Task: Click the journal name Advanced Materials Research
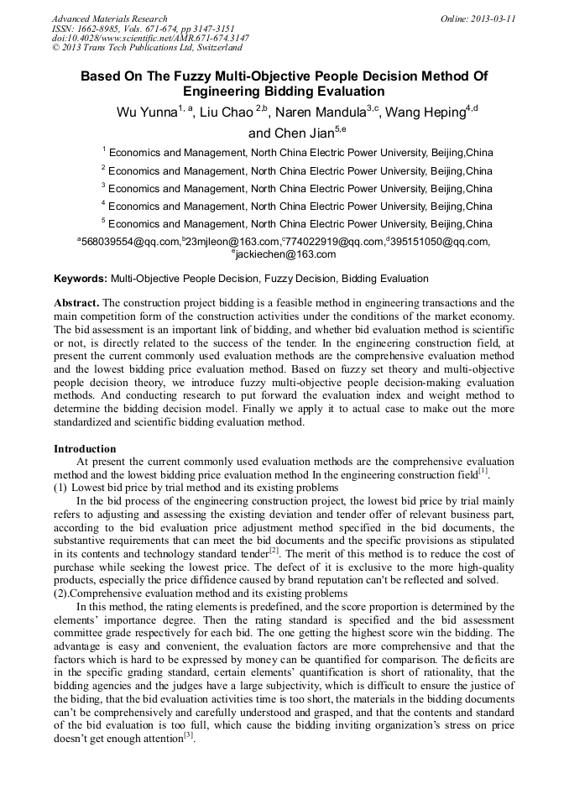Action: click(109, 18)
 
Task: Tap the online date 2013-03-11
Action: click(496, 18)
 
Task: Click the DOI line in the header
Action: click(150, 39)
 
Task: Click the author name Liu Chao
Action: click(225, 113)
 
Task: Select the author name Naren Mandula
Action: click(321, 113)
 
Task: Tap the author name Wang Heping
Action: click(422, 113)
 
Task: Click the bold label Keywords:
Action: click(81, 279)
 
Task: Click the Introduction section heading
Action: click(85, 449)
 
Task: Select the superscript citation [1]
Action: click(483, 471)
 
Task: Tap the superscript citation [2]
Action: click(274, 551)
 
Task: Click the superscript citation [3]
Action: click(189, 736)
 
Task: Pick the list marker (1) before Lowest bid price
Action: click(60, 488)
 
